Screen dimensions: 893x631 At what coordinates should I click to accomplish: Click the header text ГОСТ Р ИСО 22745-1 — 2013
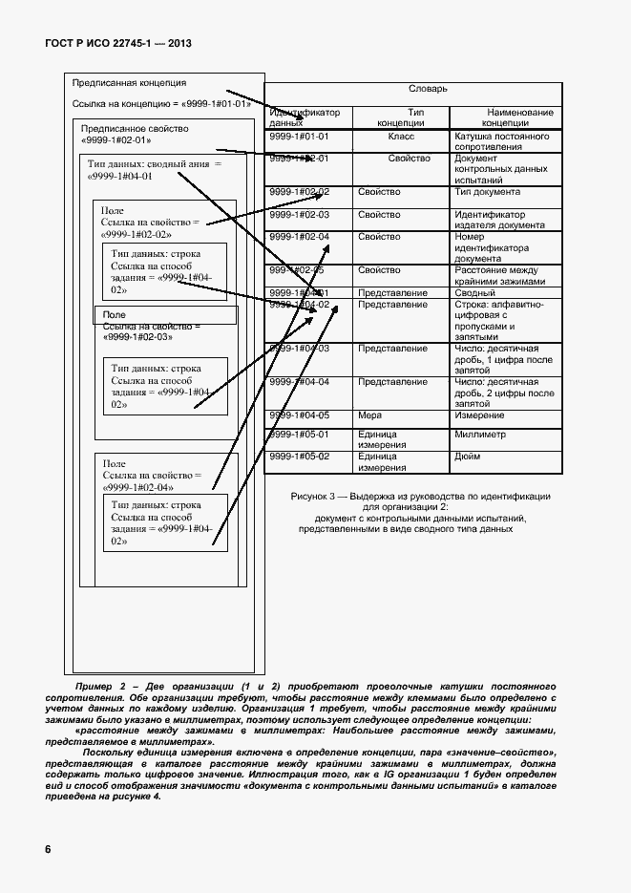coord(119,45)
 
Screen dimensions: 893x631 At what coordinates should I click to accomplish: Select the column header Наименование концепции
coord(506,117)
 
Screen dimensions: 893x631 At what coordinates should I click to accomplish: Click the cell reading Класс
coord(401,137)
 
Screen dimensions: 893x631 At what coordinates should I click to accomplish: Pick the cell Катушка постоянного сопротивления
coord(501,142)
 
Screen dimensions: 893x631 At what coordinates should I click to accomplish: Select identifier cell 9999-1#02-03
coord(300,215)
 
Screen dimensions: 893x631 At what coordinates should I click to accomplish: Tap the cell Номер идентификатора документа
coord(492,247)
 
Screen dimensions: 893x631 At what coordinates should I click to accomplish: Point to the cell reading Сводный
coord(474,292)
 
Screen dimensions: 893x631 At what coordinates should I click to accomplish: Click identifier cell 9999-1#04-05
coord(300,415)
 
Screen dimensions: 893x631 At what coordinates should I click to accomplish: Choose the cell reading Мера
coord(370,415)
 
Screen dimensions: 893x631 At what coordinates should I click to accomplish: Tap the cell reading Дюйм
coord(469,457)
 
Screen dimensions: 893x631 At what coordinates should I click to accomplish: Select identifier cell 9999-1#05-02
coord(300,457)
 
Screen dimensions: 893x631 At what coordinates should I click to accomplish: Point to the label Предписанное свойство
coord(135,128)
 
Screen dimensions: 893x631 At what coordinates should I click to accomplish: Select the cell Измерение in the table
coord(480,415)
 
